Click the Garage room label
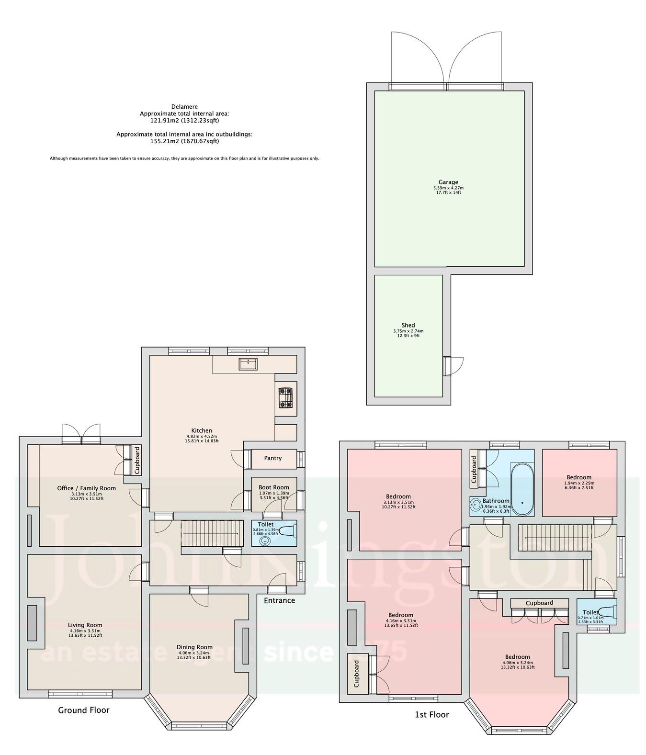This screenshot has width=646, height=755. [448, 182]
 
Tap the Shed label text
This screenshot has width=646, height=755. [408, 325]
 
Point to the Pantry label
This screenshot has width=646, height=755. [273, 458]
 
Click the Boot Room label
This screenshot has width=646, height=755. [271, 487]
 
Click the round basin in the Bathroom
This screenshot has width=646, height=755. [476, 505]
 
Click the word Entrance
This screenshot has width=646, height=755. [279, 600]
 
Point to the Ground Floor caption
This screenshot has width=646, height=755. [83, 710]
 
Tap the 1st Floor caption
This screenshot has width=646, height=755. [431, 715]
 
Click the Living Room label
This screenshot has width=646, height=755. [85, 625]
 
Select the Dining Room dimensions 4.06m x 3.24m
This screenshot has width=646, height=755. [194, 653]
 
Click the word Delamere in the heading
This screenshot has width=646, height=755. [184, 107]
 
